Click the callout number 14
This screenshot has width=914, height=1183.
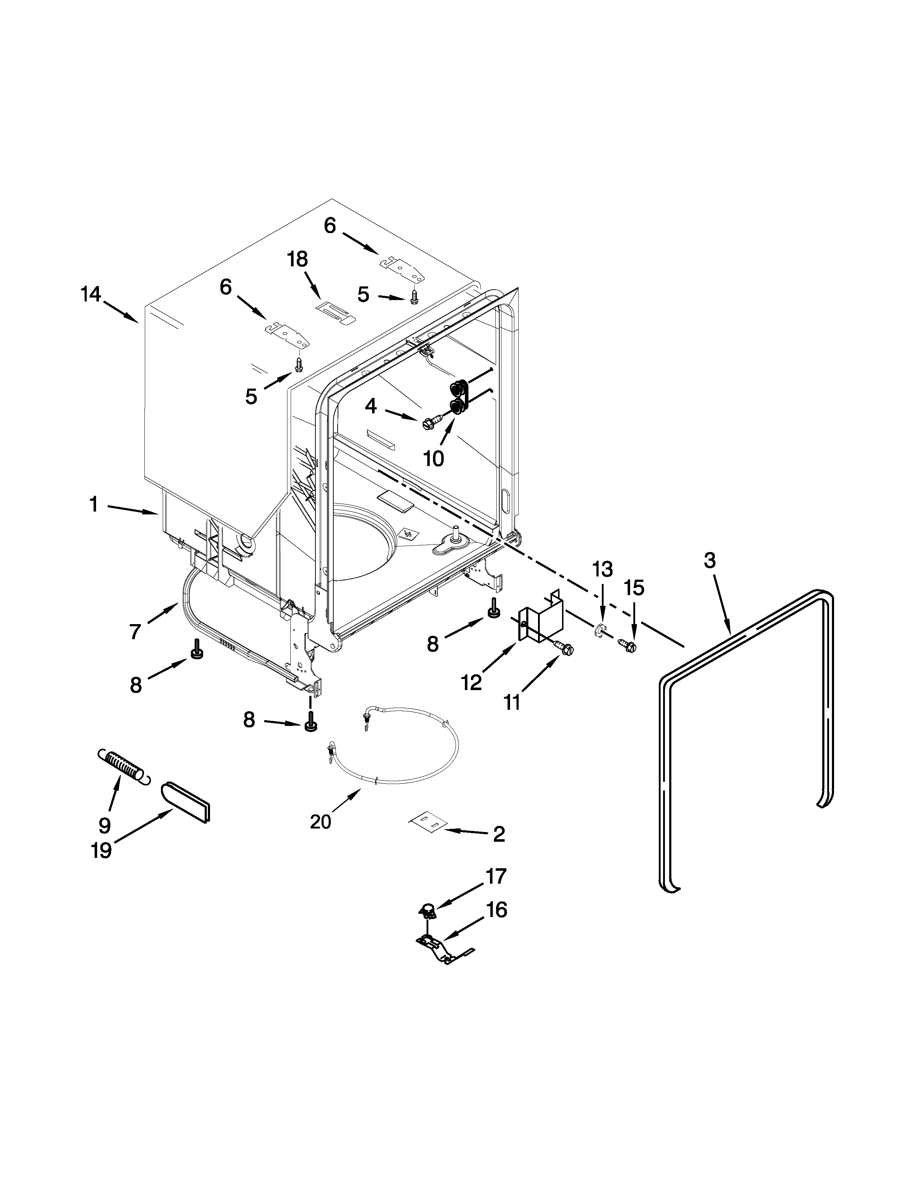pos(91,295)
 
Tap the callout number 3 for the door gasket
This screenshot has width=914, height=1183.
pos(709,561)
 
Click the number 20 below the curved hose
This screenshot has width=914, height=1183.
pos(320,822)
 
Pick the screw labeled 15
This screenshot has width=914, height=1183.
pos(628,645)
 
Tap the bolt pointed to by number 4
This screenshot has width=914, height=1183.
pos(430,423)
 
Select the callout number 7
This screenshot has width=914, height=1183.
pos(135,631)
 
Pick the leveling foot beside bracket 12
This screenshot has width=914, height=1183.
pos(494,609)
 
